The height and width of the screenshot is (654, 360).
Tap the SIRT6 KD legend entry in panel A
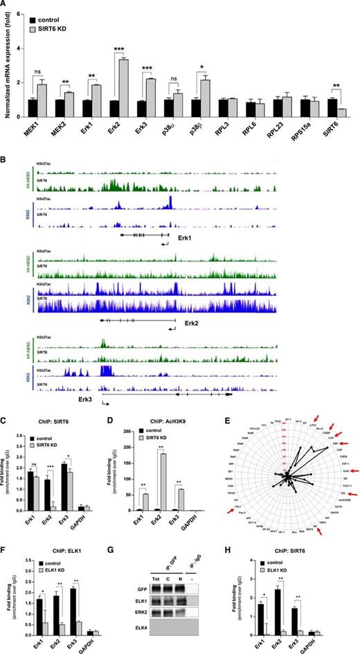(x=65, y=20)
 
